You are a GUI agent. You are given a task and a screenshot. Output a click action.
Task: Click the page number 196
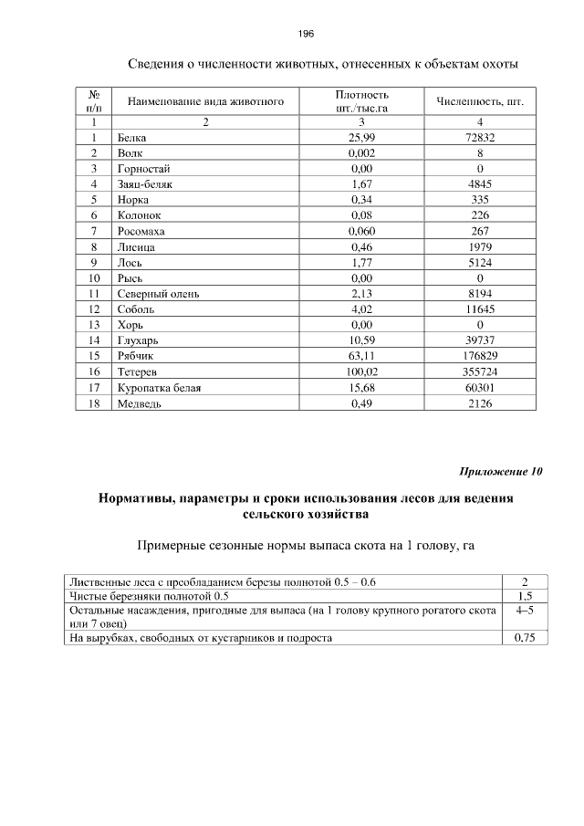click(306, 34)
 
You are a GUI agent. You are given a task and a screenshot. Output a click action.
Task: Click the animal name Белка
click(131, 138)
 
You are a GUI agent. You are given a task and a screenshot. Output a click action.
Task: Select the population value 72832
click(479, 138)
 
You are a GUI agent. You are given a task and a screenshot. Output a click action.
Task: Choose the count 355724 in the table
click(479, 372)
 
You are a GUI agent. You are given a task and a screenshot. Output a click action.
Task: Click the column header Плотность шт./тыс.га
click(362, 100)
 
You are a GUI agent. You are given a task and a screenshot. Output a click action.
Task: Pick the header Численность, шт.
click(479, 100)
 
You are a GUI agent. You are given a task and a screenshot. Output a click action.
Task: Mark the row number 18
click(93, 403)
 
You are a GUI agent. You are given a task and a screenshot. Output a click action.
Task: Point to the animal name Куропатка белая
click(159, 388)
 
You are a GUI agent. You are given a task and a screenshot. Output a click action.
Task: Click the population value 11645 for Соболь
click(479, 309)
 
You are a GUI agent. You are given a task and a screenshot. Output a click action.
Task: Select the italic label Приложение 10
click(500, 472)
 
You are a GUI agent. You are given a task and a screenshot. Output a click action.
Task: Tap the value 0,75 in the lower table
click(525, 638)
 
